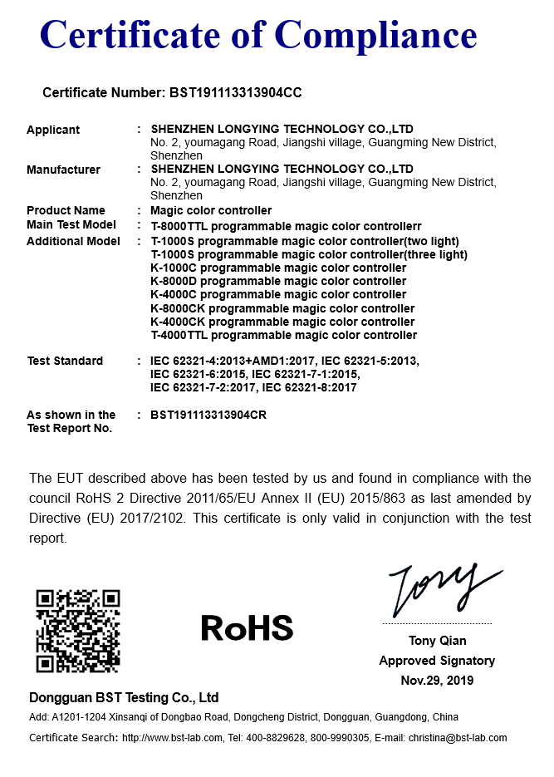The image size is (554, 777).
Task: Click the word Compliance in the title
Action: (x=376, y=36)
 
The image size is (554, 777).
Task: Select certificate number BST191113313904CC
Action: (x=235, y=93)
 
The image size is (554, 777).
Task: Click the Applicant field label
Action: (x=53, y=130)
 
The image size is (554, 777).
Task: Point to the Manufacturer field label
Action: (x=63, y=170)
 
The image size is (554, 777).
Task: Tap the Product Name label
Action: (x=66, y=210)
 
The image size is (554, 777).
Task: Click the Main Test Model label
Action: (x=71, y=224)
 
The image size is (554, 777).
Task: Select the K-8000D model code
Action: (x=174, y=281)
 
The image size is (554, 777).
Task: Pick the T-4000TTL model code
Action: (x=178, y=335)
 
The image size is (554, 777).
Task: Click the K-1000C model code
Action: (x=174, y=268)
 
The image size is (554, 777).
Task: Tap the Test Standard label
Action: (x=65, y=361)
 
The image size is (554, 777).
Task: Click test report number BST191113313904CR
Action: (x=208, y=414)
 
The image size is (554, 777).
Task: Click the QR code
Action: (x=78, y=630)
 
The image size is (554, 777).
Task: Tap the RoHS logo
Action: (x=247, y=628)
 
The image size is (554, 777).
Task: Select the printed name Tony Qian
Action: (x=437, y=641)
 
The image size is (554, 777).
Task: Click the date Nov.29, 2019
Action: (x=437, y=680)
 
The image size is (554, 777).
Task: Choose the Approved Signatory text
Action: (x=437, y=661)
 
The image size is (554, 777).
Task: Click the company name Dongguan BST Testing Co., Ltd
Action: (x=124, y=697)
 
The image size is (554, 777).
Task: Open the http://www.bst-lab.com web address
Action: (x=172, y=737)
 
